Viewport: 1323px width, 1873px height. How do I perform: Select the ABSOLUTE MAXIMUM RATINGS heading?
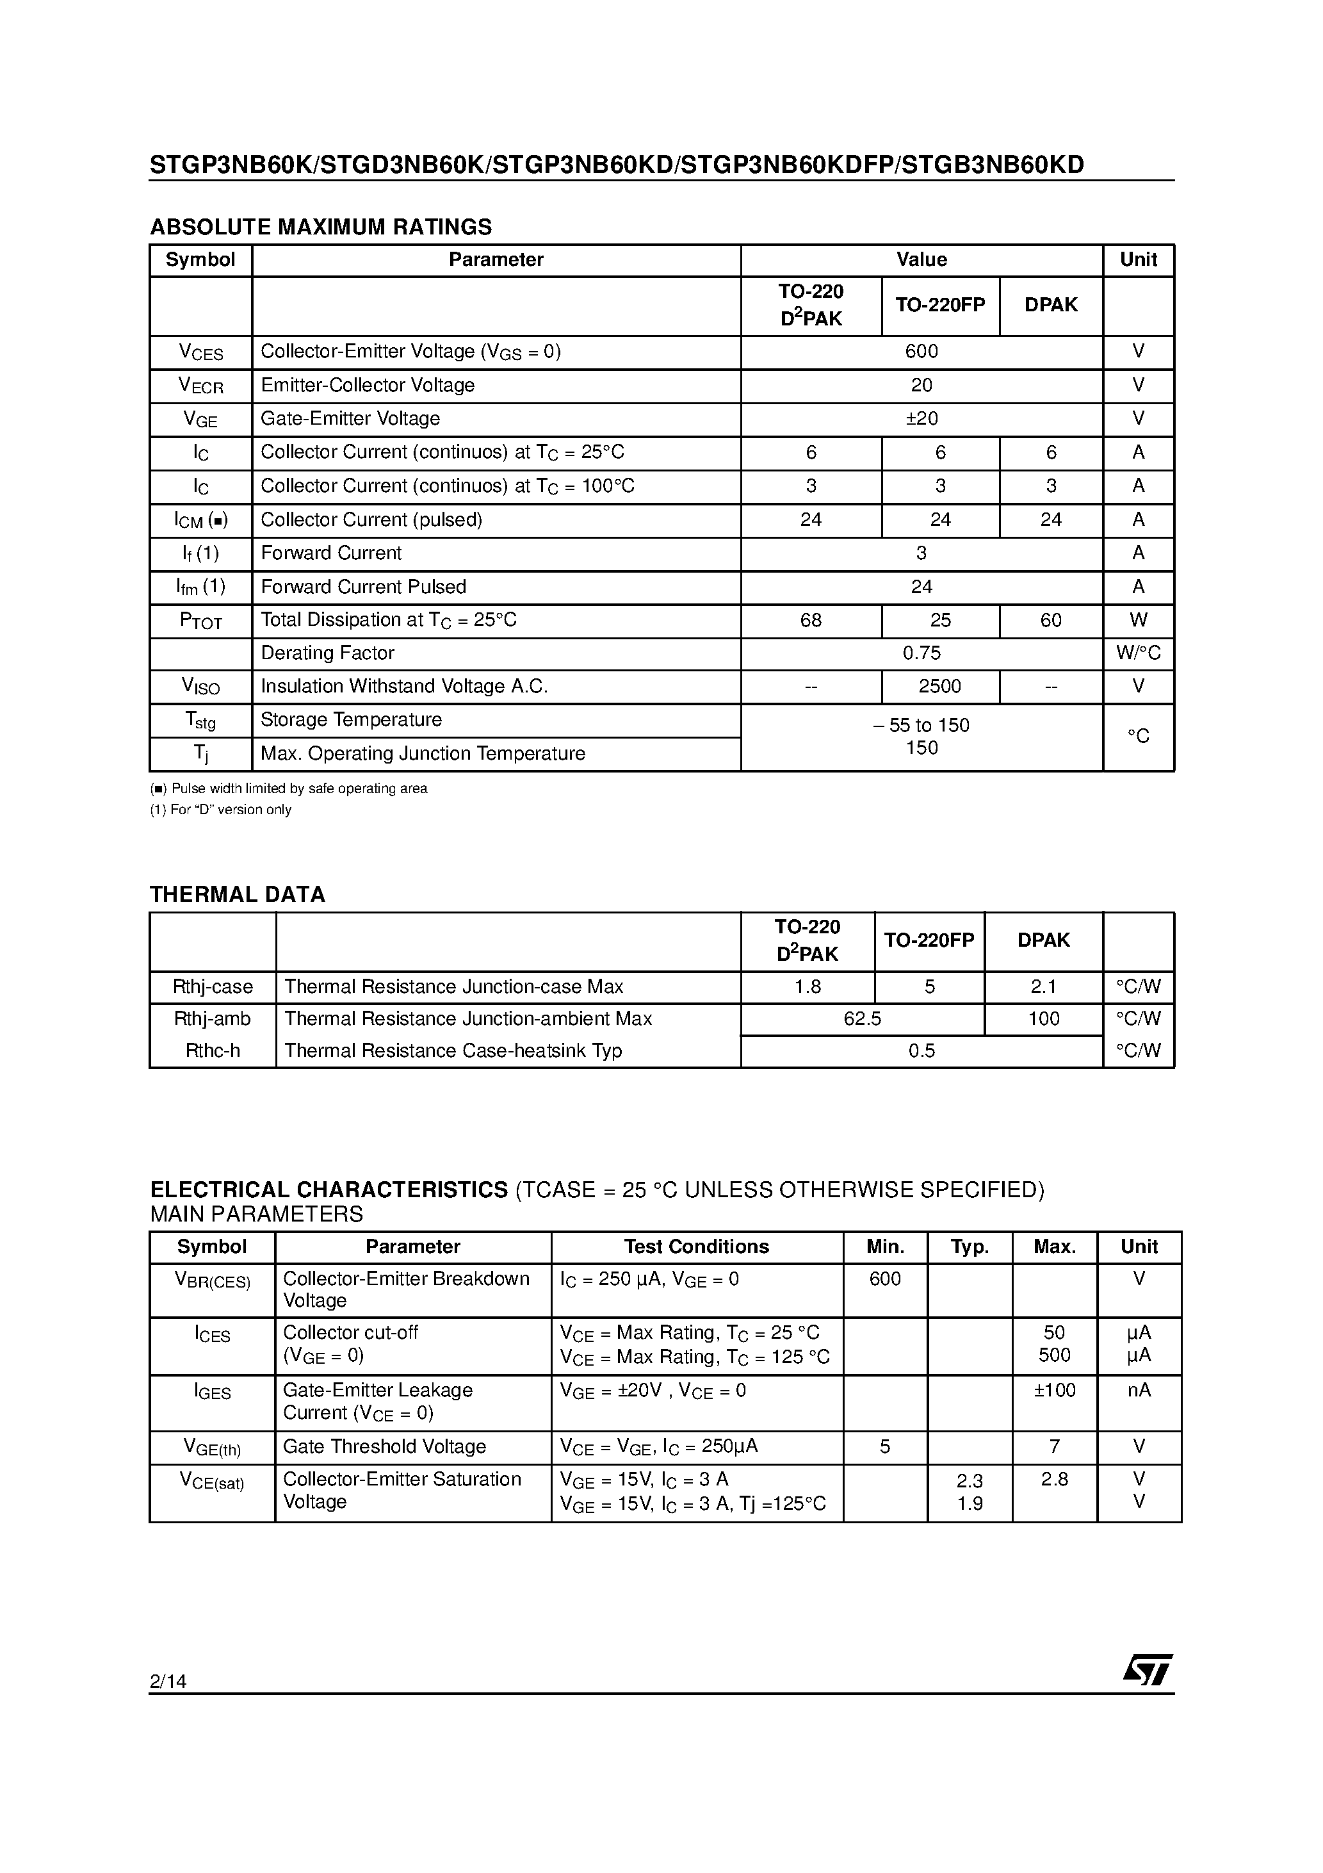coord(321,227)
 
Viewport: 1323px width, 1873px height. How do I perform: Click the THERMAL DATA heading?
coord(238,895)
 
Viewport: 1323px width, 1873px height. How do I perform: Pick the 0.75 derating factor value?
coord(921,653)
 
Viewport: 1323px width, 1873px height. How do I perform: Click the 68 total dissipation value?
coord(811,621)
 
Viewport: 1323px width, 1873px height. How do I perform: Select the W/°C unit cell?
coord(1138,653)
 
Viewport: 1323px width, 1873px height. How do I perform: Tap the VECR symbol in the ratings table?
coord(200,386)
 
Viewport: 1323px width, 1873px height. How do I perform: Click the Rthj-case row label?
coord(213,987)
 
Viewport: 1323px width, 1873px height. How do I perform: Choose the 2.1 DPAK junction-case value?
coord(1043,987)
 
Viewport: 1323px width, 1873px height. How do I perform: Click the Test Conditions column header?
coord(697,1247)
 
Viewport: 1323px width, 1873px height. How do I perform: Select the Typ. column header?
coord(970,1247)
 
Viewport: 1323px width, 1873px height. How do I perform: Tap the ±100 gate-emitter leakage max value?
coord(1055,1390)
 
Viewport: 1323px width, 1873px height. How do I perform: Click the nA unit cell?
coord(1139,1390)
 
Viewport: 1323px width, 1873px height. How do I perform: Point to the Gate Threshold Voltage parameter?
coord(384,1446)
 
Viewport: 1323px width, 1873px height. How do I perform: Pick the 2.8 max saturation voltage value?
coord(1055,1479)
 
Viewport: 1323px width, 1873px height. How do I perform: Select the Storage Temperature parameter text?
coord(351,719)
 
